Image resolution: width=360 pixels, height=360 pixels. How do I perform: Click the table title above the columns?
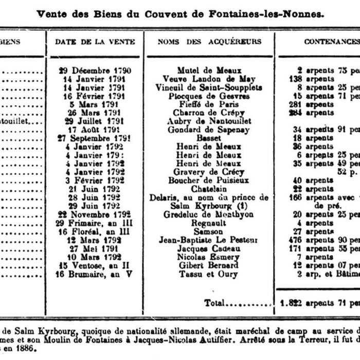180,14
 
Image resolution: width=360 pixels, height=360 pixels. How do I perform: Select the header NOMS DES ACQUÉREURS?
209,42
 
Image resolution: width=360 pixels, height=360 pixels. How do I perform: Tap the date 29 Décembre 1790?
95,70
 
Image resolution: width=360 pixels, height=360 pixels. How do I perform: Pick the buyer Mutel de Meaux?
209,70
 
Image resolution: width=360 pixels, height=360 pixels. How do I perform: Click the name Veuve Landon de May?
209,79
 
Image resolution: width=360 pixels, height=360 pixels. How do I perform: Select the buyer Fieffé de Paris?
209,104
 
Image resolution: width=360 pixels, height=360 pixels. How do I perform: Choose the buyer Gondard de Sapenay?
209,130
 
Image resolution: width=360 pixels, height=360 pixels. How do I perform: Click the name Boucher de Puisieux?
209,181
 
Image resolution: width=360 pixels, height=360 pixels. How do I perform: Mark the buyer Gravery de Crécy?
209,172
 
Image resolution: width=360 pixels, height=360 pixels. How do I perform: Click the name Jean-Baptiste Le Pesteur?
209,240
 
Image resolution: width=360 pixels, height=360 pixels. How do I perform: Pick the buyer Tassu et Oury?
209,274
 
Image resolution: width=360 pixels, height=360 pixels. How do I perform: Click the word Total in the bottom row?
215,303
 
